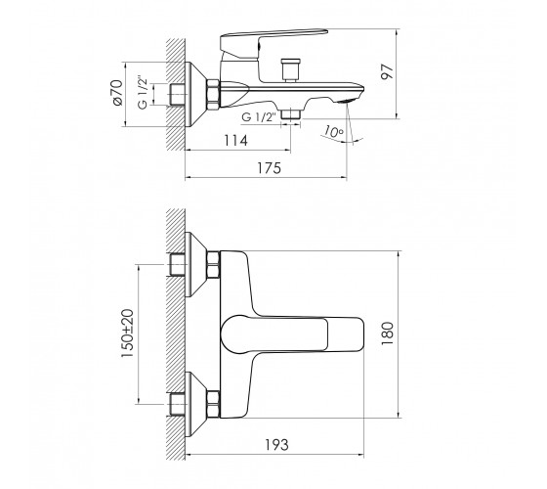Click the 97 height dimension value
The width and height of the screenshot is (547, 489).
coord(388,71)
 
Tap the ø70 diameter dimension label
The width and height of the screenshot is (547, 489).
coord(117,92)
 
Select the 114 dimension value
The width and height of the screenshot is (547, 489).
coord(235,141)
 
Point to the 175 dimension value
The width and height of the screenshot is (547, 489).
coord(269,168)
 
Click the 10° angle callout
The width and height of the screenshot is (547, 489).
coord(333,131)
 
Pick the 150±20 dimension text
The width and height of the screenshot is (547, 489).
coord(127,333)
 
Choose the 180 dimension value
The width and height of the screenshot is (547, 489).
coord(387,333)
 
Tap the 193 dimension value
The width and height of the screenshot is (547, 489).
coord(276,445)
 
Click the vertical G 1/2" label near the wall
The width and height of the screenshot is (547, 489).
coord(143,92)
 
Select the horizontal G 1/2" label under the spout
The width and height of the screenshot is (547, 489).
coord(259,116)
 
